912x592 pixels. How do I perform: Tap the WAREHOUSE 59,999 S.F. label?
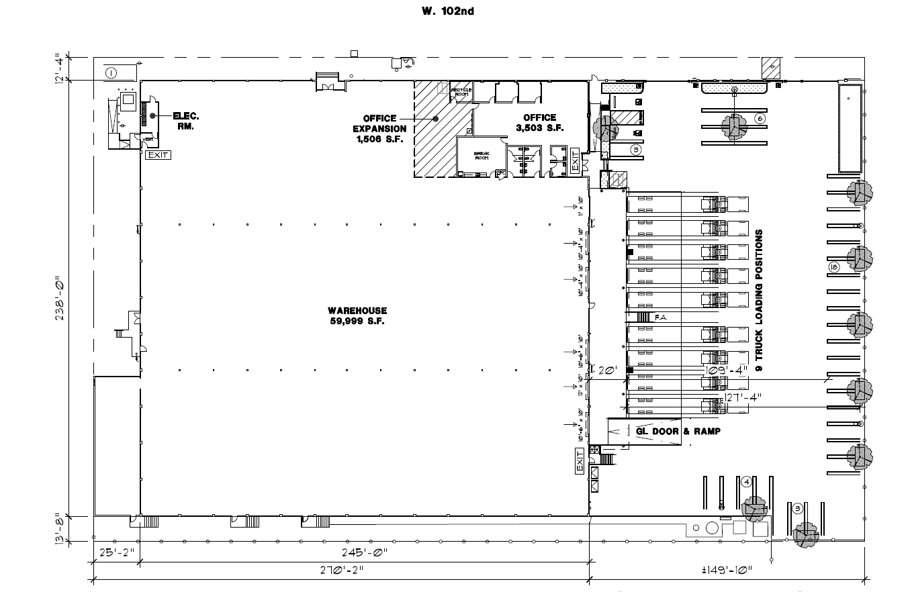tap(357, 316)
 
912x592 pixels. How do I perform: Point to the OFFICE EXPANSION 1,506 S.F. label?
tap(381, 129)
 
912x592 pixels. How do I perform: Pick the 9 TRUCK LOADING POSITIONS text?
tap(760, 301)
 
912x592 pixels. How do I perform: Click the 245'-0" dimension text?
tap(365, 553)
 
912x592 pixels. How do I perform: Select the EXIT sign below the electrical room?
tap(158, 155)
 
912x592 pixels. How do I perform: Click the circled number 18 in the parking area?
tap(834, 267)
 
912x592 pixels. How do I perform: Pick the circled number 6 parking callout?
tap(760, 119)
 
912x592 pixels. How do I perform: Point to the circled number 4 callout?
tap(745, 481)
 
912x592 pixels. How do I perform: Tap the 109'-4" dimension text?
tap(726, 371)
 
